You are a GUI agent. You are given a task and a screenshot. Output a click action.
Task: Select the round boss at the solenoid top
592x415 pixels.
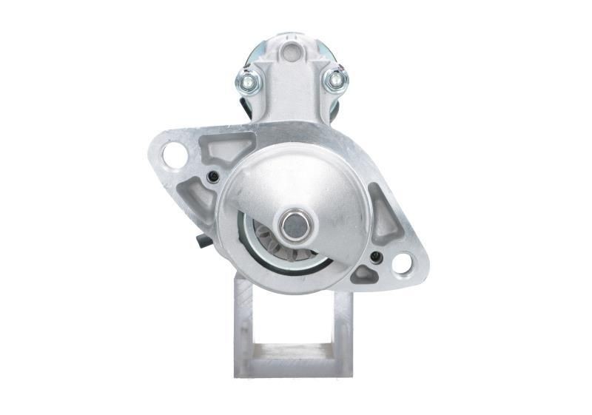coord(290,51)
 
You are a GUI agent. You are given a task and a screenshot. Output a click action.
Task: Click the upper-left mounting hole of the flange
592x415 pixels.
coord(175,155)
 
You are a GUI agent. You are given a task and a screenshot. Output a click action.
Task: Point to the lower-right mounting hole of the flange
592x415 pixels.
coord(403,263)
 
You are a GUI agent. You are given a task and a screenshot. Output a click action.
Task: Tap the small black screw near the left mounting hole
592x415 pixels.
coord(214,176)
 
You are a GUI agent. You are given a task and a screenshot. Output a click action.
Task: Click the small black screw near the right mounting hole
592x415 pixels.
coord(375,257)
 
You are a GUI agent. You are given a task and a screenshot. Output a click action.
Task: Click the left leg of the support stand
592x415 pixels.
coord(244,325)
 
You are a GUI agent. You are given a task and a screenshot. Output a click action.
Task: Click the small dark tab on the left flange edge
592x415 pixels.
coord(202,240)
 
